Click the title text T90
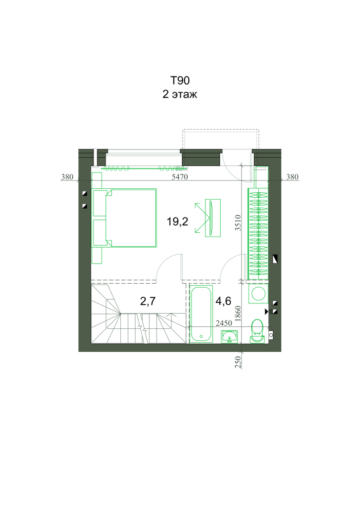180,81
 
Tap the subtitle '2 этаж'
180,94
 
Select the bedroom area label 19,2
177,221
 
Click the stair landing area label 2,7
148,301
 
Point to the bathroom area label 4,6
223,301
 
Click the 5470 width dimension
180,177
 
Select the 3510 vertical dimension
239,223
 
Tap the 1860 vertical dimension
239,314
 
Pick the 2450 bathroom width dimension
224,323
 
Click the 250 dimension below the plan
239,362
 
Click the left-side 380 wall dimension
67,177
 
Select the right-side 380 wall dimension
292,177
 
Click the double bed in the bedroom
125,218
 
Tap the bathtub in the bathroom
201,314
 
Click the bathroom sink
230,337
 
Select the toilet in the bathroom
257,330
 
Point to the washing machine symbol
258,294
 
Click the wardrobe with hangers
258,234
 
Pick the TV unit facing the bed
212,218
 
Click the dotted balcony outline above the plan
221,130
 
